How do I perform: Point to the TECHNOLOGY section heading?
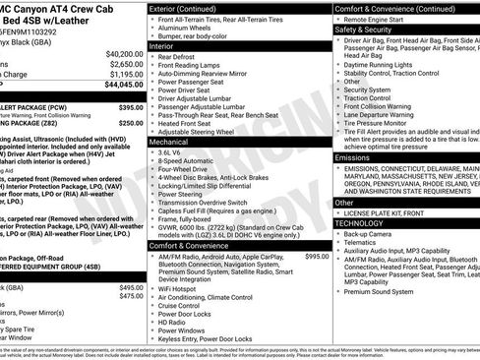click(x=362, y=223)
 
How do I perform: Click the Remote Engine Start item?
click(x=377, y=19)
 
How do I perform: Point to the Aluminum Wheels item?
click(x=188, y=30)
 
